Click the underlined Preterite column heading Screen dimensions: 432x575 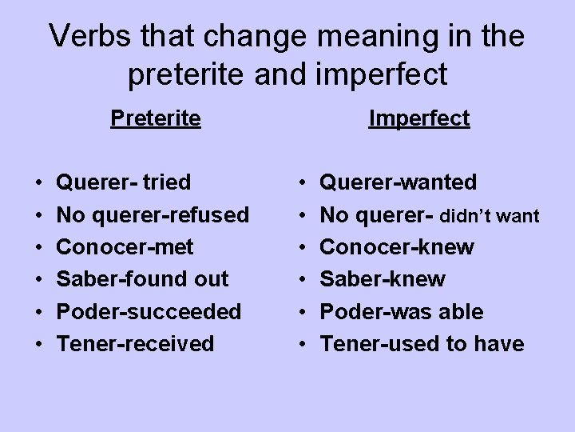coord(156,118)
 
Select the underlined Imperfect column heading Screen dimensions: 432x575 coord(418,118)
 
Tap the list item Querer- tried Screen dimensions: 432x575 coord(124,182)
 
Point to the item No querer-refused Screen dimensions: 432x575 coord(153,214)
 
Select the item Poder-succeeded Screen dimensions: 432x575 coord(149,311)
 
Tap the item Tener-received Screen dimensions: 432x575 coord(136,344)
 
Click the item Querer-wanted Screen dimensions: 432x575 coord(398,182)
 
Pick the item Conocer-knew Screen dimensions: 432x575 coord(396,246)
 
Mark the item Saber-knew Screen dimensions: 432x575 coord(383,279)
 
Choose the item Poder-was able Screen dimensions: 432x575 coord(401,311)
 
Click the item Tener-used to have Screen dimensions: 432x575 coord(422,344)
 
